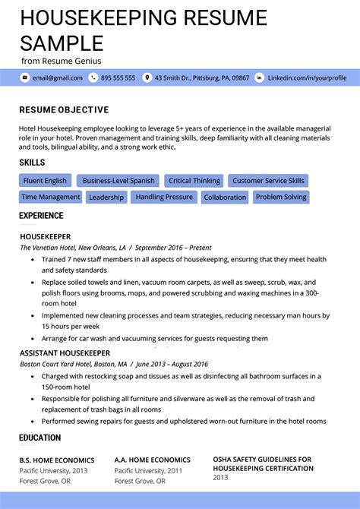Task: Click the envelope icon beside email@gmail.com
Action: tap(25, 77)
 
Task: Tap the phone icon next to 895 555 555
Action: tap(93, 77)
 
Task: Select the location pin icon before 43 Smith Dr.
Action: tap(147, 77)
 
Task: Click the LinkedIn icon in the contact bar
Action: tap(260, 77)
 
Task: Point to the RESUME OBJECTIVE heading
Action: tap(64, 110)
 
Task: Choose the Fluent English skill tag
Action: tap(45, 181)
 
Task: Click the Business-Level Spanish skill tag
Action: tap(118, 181)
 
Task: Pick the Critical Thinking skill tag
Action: tap(194, 181)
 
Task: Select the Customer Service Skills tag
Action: tap(268, 181)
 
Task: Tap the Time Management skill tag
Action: tap(50, 197)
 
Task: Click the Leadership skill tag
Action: tap(106, 198)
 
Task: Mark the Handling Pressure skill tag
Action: tap(163, 197)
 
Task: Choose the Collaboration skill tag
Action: tap(225, 198)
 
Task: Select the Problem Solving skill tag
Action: tap(281, 197)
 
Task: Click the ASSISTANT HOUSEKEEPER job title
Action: tap(65, 353)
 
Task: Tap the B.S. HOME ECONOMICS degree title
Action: tap(57, 460)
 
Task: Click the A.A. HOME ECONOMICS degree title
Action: tap(152, 460)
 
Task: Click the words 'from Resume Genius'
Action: tap(61, 61)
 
